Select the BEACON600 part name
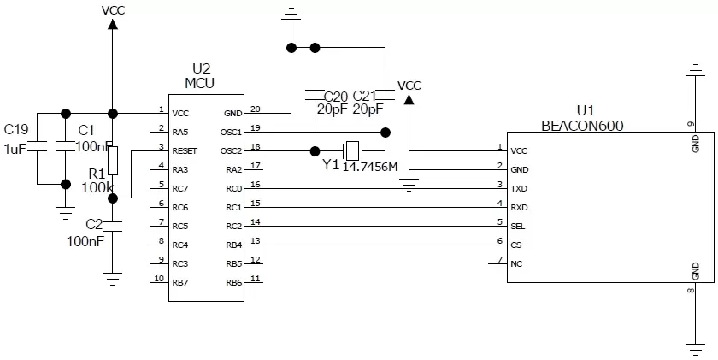pos(582,125)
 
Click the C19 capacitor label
pos(16,130)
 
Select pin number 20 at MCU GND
pos(256,108)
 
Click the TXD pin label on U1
pos(518,188)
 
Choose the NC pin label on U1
pos(515,263)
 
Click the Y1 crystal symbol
pos(349,150)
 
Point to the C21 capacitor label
pos(365,95)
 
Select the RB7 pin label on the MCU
pos(179,282)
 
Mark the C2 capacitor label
pos(93,225)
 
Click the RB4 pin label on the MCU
pos(234,245)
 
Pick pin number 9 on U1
pos(691,125)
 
